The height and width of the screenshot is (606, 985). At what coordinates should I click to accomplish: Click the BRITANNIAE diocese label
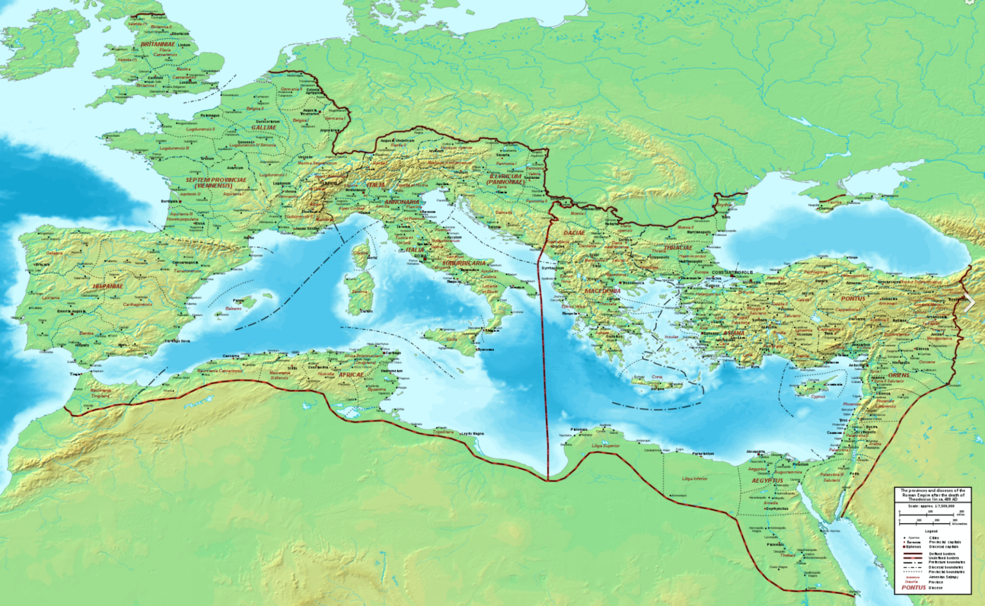click(158, 44)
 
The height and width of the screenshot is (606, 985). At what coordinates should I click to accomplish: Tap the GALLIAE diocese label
click(264, 128)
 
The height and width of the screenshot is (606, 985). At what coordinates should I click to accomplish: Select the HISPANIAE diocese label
click(108, 286)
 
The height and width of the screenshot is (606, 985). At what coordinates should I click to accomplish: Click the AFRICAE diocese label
click(351, 375)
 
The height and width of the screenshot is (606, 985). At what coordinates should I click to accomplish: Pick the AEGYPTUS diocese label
click(767, 480)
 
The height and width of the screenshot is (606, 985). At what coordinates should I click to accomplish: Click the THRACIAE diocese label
click(678, 248)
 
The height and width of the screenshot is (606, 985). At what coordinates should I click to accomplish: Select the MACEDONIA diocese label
click(602, 291)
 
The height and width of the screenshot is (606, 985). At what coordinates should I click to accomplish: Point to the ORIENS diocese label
click(899, 375)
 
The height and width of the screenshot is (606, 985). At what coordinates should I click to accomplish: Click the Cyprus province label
click(818, 396)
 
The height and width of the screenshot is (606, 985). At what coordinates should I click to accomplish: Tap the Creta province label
click(657, 377)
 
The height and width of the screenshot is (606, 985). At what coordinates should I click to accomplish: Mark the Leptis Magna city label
click(472, 433)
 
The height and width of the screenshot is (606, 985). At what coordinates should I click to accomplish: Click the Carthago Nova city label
click(177, 341)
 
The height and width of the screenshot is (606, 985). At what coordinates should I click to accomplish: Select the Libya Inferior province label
click(695, 478)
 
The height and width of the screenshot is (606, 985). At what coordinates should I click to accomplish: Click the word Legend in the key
click(930, 531)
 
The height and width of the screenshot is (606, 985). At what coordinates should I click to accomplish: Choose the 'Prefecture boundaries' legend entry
click(945, 562)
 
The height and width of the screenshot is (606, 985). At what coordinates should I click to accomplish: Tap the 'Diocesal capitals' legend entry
click(943, 547)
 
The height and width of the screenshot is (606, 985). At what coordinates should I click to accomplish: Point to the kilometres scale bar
click(930, 520)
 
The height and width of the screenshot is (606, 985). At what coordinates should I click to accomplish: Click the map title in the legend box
click(932, 494)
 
